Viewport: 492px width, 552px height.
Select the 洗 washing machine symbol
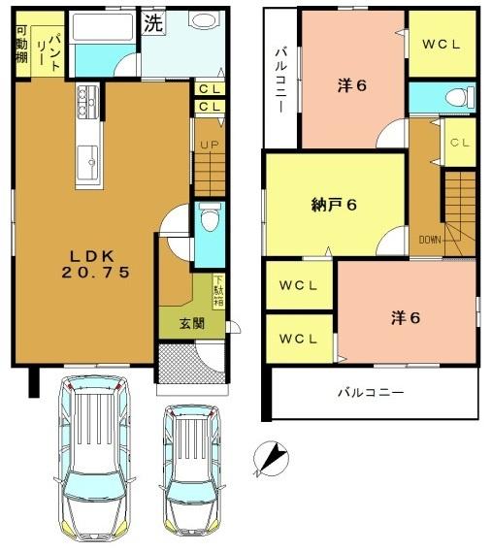point(153,24)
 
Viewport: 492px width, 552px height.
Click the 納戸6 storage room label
point(335,205)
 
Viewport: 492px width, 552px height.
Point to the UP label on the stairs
point(208,146)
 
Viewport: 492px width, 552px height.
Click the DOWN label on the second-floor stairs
point(430,239)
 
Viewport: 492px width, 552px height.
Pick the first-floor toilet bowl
point(207,221)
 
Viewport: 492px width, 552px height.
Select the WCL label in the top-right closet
point(441,45)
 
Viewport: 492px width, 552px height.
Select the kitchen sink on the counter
point(85,156)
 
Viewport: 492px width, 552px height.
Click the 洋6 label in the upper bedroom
point(351,84)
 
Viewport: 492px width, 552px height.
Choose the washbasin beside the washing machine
point(202,22)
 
